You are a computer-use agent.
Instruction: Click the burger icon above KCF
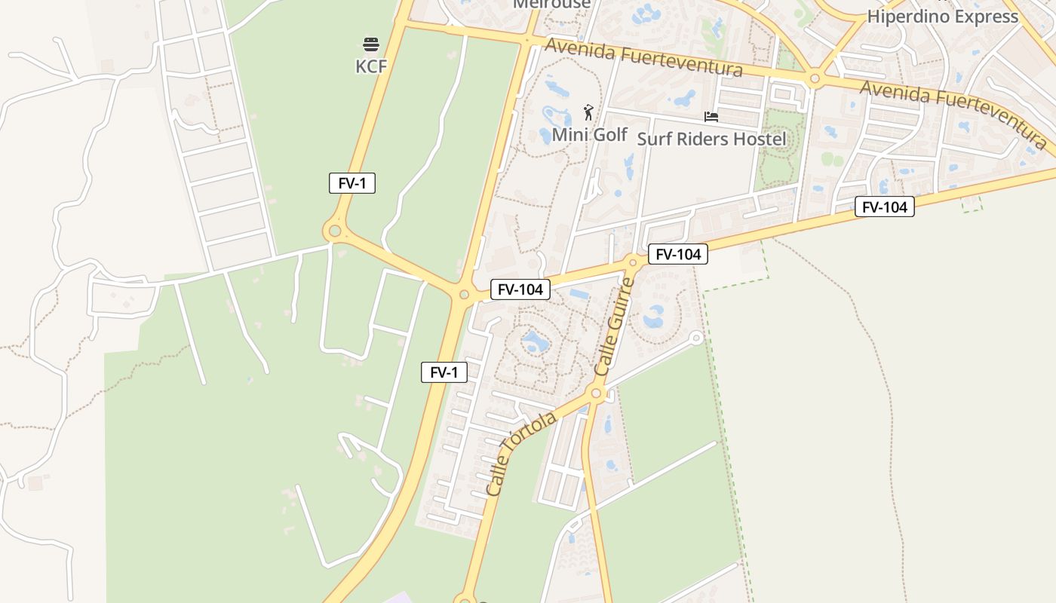tap(370, 44)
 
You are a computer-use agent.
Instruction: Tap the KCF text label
tap(371, 66)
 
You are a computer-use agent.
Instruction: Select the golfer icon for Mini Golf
tap(588, 113)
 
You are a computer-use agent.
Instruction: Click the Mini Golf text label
tap(590, 135)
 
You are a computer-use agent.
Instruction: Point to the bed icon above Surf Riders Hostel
tap(711, 117)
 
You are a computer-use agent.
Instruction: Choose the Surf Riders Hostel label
tap(711, 139)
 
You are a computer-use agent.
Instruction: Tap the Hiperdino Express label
tap(942, 16)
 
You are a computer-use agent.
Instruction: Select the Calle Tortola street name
tap(521, 453)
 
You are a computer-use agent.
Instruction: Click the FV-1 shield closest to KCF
tap(352, 183)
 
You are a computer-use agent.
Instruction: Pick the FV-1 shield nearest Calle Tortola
tap(444, 372)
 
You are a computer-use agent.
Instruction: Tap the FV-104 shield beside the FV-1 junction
tap(520, 289)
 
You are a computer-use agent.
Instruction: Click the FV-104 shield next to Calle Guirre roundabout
tap(678, 255)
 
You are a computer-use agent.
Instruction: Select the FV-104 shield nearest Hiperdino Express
tap(884, 207)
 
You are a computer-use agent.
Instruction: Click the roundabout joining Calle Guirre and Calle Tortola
tap(597, 393)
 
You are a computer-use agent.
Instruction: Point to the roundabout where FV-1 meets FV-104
tap(464, 295)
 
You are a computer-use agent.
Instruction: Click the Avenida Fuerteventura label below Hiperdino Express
tap(953, 114)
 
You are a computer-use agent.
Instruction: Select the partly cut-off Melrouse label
tap(551, 5)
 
